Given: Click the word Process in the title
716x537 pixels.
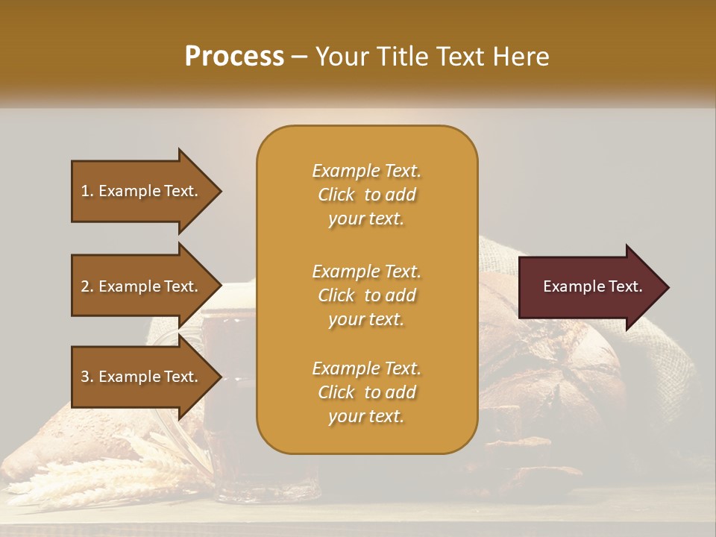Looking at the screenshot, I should [234, 56].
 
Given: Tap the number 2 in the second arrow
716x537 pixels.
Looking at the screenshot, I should [85, 286].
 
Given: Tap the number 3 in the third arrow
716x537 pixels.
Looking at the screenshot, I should [85, 377].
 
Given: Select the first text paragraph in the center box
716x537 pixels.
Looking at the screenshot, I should [366, 195].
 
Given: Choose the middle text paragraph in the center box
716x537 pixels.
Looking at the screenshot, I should [366, 295].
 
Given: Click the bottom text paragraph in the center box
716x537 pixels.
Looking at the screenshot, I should [366, 392].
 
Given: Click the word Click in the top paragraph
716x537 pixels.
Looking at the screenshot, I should [336, 195].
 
